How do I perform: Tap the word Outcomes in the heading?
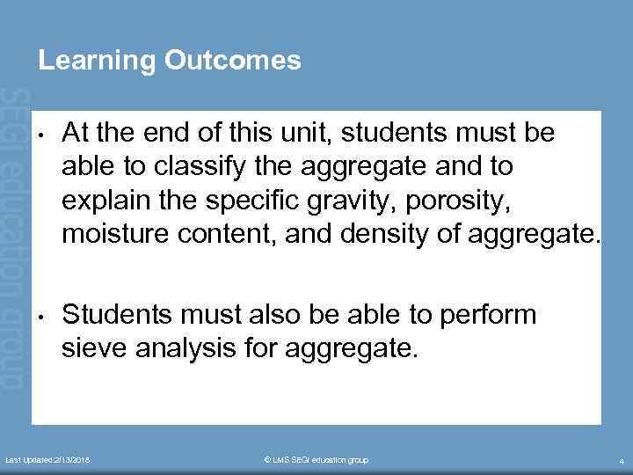pos(231,61)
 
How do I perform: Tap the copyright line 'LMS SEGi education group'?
pos(316,460)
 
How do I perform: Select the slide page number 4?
pos(621,461)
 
